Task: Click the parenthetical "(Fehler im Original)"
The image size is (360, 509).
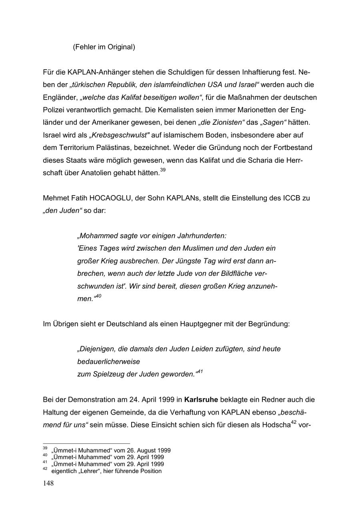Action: [x=104, y=47]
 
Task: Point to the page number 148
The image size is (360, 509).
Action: [x=48, y=483]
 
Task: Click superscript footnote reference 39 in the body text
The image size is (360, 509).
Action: [x=163, y=171]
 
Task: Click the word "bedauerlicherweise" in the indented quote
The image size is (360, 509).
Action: [x=108, y=362]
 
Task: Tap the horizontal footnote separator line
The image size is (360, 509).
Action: [x=86, y=443]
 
